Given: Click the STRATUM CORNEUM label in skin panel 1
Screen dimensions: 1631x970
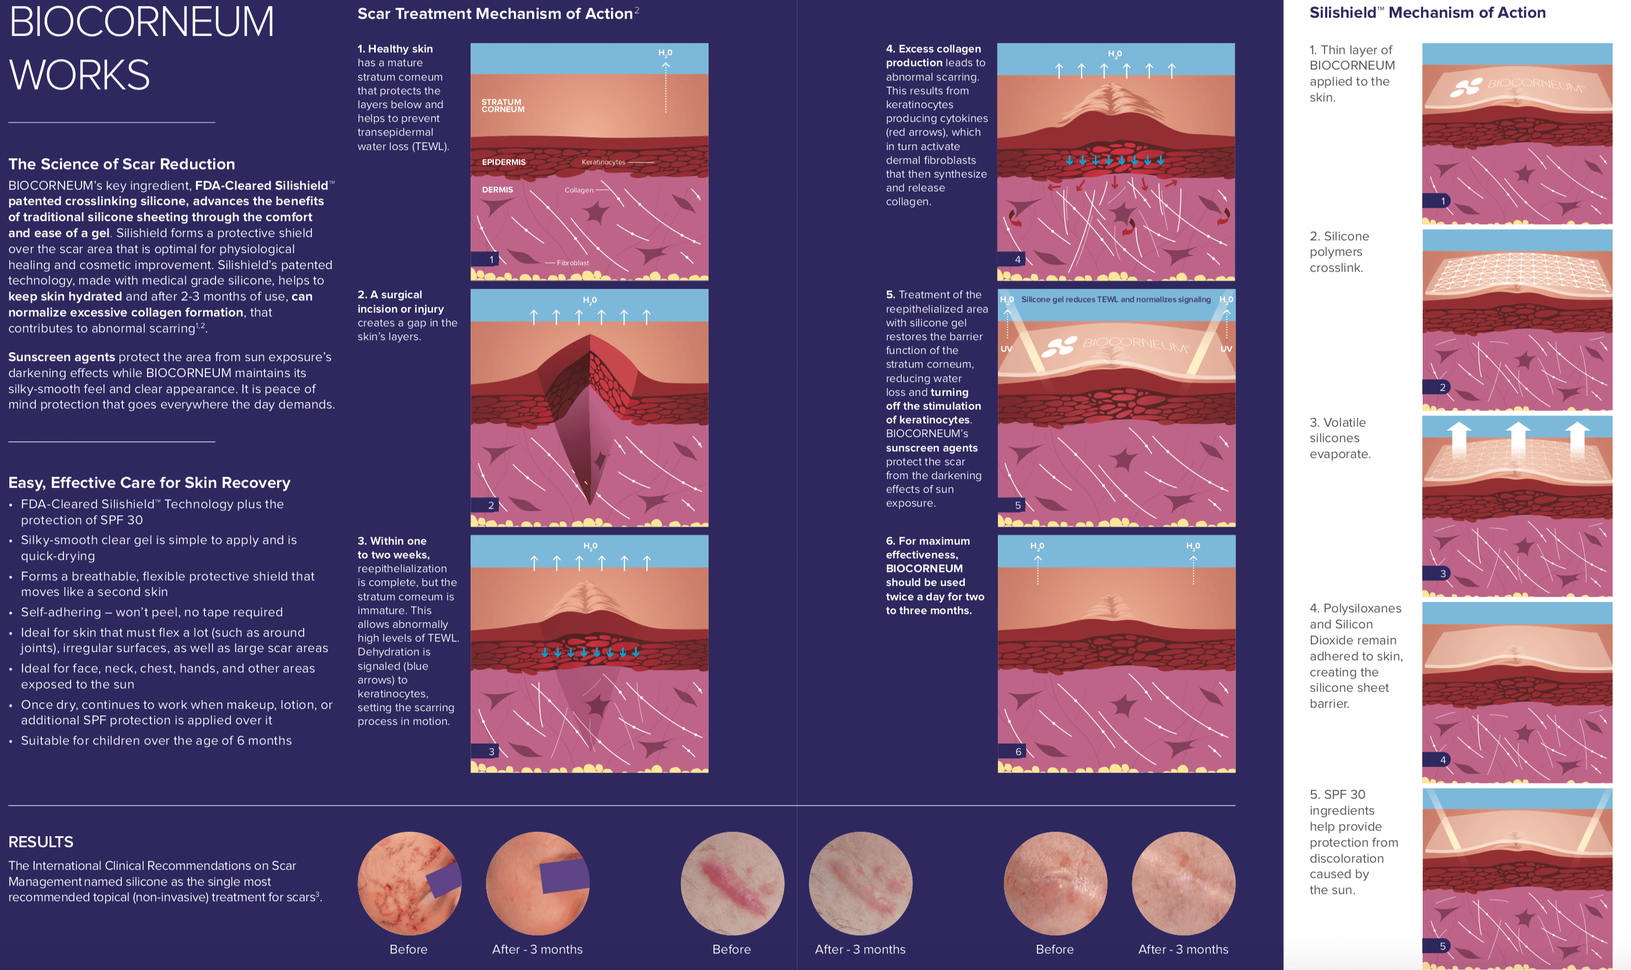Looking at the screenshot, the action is [x=503, y=106].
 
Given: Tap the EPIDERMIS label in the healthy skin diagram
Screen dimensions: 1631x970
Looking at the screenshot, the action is [x=504, y=162].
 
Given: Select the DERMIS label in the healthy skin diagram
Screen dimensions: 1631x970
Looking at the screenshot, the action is [x=497, y=190].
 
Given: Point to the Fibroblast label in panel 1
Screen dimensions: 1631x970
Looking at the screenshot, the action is [x=573, y=263].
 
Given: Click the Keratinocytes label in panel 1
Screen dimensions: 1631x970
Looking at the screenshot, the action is [x=603, y=162].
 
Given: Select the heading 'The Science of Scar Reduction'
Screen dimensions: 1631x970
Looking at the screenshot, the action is [x=122, y=164].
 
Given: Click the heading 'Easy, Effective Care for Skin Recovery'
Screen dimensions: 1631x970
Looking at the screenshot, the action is [x=149, y=482].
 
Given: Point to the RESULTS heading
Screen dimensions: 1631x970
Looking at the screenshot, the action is [x=41, y=842].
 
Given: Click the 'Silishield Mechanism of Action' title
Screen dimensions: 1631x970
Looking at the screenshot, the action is [x=1427, y=13].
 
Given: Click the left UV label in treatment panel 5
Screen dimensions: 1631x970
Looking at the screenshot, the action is [x=1006, y=349].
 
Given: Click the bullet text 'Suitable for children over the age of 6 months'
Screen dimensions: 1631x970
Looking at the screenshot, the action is [x=156, y=741].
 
